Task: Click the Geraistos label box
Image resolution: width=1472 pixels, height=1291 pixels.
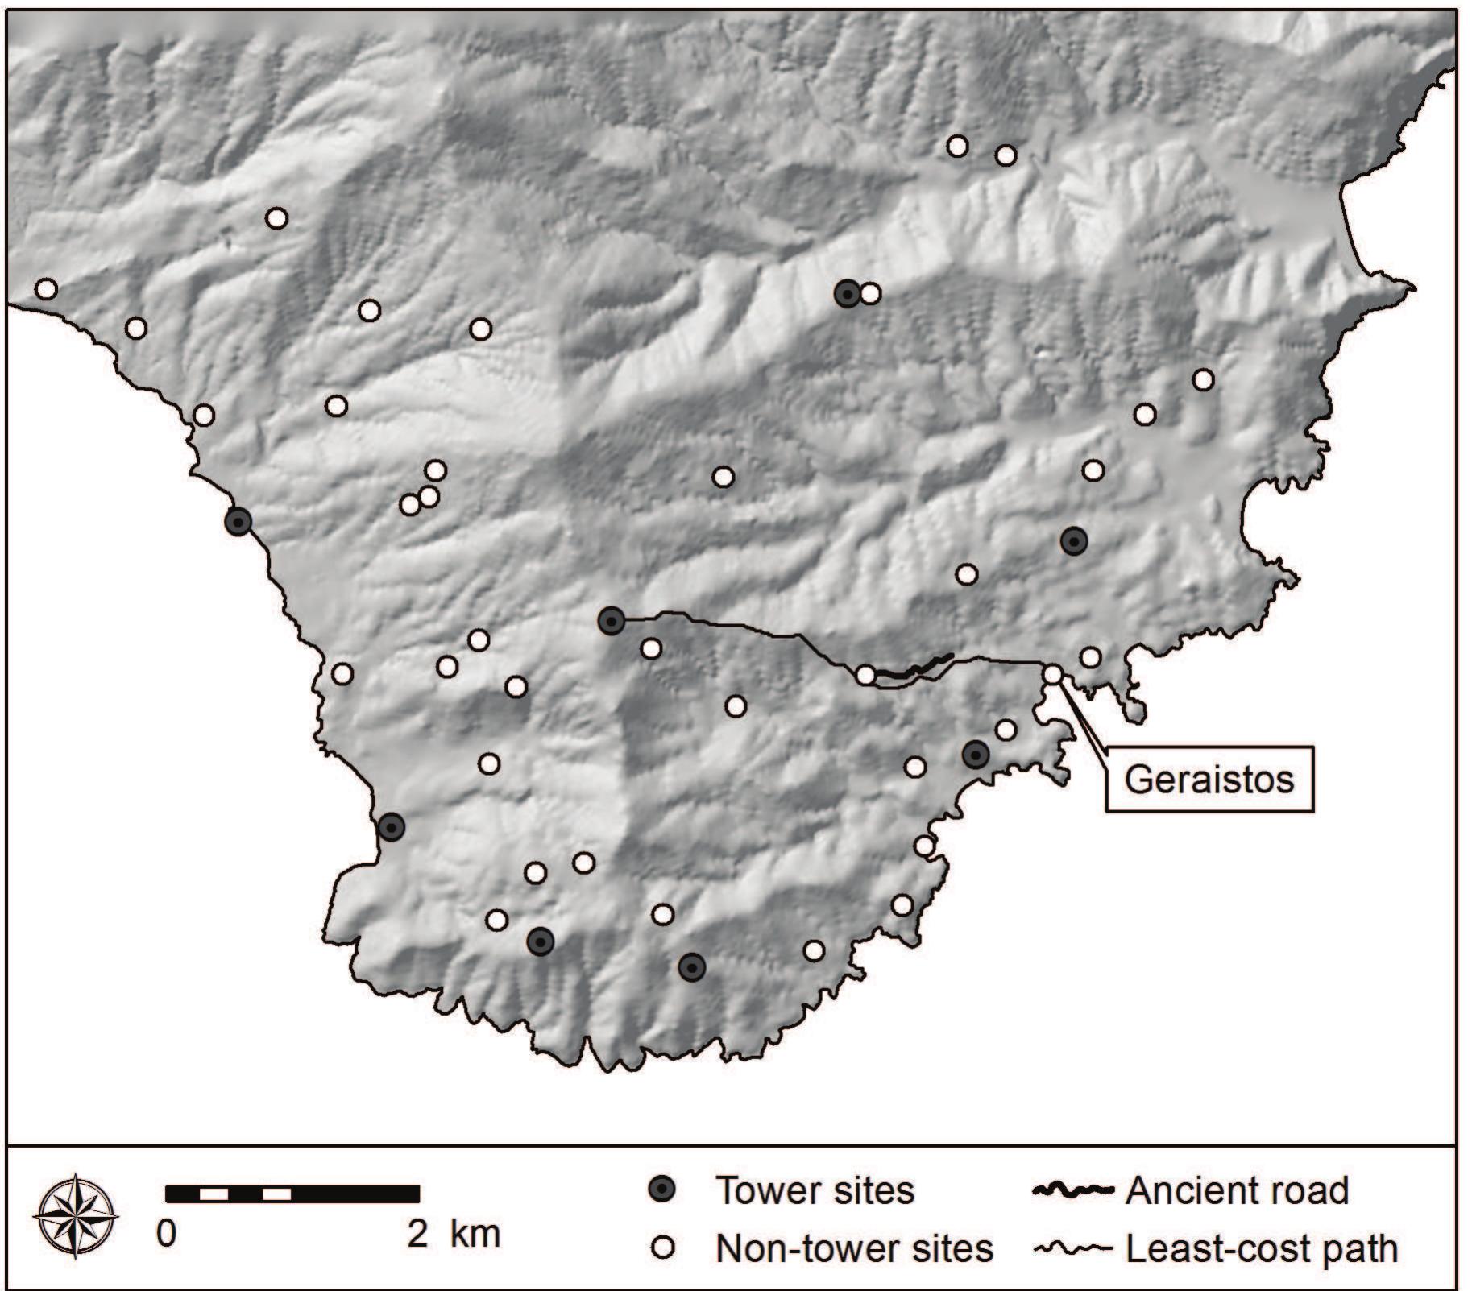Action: (x=1209, y=780)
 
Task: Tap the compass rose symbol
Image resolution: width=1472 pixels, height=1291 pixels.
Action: (x=76, y=1215)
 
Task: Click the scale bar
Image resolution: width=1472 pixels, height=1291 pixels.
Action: (x=292, y=1193)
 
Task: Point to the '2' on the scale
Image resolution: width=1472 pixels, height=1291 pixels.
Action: (x=417, y=1234)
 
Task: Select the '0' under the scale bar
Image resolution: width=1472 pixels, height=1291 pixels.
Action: (x=167, y=1234)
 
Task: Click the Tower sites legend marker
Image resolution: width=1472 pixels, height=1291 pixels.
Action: (x=662, y=1190)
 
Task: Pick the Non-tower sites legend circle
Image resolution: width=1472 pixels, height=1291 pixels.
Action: (x=662, y=1248)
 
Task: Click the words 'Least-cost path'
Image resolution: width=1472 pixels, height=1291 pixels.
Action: (x=1261, y=1249)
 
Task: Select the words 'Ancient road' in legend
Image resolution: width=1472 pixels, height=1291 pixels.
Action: (x=1237, y=1190)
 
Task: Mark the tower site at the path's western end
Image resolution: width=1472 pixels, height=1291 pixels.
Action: (x=612, y=621)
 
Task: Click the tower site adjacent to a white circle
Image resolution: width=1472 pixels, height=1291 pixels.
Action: (x=847, y=294)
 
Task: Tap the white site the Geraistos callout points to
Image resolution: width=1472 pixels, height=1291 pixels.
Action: (x=1053, y=675)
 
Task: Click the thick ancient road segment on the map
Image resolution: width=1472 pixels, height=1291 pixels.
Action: (x=914, y=668)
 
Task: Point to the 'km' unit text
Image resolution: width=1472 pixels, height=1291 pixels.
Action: (x=475, y=1233)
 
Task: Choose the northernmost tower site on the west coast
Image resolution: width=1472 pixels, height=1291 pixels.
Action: (x=238, y=523)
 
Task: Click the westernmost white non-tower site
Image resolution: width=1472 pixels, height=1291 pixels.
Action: (x=46, y=288)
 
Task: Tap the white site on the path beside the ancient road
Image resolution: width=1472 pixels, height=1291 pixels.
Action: (x=865, y=675)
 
